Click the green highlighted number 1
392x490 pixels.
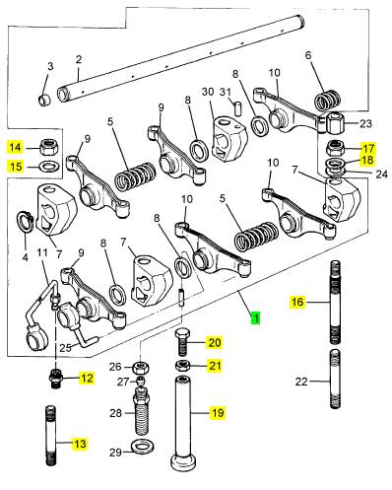click(255, 317)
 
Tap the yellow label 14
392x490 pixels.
click(16, 147)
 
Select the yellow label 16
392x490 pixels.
click(297, 302)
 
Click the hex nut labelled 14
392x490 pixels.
click(50, 148)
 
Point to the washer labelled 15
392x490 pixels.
click(49, 167)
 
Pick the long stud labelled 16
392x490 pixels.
click(335, 303)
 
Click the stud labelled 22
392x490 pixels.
click(335, 379)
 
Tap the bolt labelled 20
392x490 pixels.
click(182, 342)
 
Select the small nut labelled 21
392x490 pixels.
click(182, 366)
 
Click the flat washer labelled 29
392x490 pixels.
click(143, 448)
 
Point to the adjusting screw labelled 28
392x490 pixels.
click(142, 409)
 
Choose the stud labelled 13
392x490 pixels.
click(50, 436)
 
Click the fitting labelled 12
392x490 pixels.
click(56, 379)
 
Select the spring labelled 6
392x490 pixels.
click(327, 100)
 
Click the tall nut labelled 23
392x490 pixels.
click(335, 122)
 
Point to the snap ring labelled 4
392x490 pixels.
click(24, 222)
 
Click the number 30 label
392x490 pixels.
click(208, 92)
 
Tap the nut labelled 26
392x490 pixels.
click(141, 367)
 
